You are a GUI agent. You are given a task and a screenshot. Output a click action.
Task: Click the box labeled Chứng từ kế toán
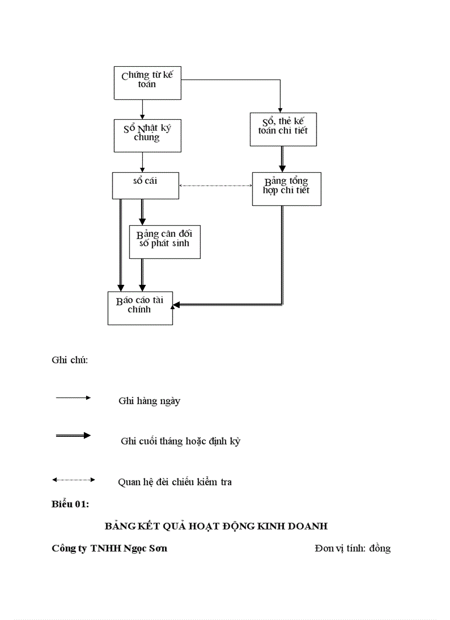147,83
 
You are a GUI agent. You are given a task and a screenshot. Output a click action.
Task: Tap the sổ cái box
146,186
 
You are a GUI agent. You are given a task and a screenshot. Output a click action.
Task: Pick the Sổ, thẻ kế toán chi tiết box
283,129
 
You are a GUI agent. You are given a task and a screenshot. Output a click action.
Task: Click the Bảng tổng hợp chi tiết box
286,189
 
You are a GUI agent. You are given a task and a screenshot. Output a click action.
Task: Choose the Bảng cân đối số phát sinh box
164,241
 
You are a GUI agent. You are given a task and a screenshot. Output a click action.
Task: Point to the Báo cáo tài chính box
140,308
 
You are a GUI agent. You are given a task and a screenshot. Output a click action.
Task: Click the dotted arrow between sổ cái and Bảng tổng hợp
216,186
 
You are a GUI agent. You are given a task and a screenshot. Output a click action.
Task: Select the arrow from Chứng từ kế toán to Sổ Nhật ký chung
143,109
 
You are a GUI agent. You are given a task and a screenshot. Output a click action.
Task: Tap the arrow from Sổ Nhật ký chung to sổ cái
143,162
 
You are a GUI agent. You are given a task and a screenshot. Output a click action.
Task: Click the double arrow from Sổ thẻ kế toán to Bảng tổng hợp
282,159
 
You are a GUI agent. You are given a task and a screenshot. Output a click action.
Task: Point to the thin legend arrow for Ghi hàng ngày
73,398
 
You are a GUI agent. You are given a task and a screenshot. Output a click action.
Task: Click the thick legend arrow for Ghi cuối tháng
73,436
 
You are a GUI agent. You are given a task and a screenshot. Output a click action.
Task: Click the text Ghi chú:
70,360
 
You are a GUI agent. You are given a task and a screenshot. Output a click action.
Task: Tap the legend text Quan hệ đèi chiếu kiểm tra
175,482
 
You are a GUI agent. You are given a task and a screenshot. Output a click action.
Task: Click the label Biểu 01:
71,504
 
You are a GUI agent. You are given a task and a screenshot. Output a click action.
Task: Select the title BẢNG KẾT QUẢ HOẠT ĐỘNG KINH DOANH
216,526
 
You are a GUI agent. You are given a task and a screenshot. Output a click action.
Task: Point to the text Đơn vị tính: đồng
352,548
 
